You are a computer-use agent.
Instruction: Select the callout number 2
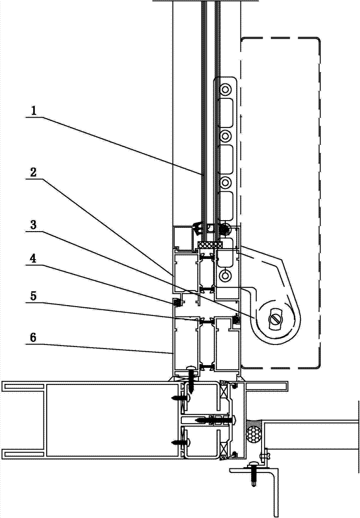click(x=33, y=172)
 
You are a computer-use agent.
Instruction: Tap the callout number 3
click(x=33, y=225)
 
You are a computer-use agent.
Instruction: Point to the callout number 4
click(x=33, y=258)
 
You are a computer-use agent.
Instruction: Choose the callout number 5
click(x=33, y=296)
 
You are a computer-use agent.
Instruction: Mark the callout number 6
click(x=33, y=338)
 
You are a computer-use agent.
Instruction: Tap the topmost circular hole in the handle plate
click(x=225, y=89)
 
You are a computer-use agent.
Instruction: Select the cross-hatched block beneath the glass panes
click(x=210, y=245)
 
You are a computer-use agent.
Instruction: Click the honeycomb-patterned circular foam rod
click(x=254, y=433)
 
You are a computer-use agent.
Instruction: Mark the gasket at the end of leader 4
click(x=176, y=302)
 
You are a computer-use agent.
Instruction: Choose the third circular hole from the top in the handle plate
click(x=225, y=182)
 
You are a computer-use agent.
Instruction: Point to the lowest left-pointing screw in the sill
click(x=180, y=441)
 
